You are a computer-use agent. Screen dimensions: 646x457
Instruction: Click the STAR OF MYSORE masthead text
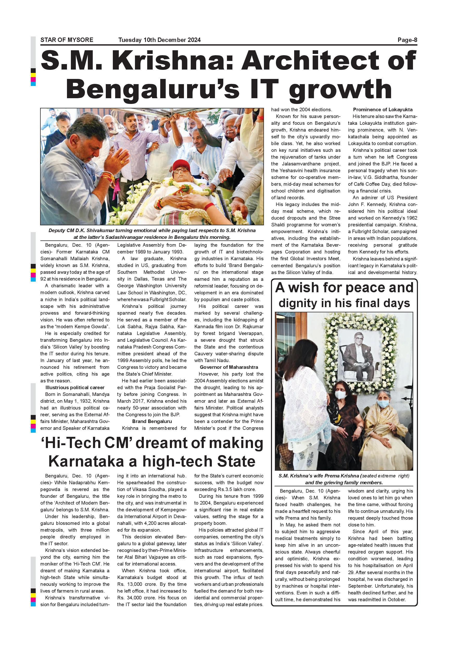[x=67, y=40]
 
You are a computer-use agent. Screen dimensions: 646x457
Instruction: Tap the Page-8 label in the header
[x=407, y=40]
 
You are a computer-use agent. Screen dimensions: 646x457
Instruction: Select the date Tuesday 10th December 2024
[x=159, y=40]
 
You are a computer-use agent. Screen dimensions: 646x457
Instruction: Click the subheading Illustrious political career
[x=75, y=387]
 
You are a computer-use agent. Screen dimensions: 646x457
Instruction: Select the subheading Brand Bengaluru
[x=152, y=421]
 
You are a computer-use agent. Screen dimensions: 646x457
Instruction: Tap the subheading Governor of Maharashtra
[x=229, y=367]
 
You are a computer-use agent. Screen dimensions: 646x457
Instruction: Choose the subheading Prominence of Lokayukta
[x=383, y=110]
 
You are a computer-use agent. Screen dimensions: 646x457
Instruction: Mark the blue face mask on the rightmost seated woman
[x=383, y=404]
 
